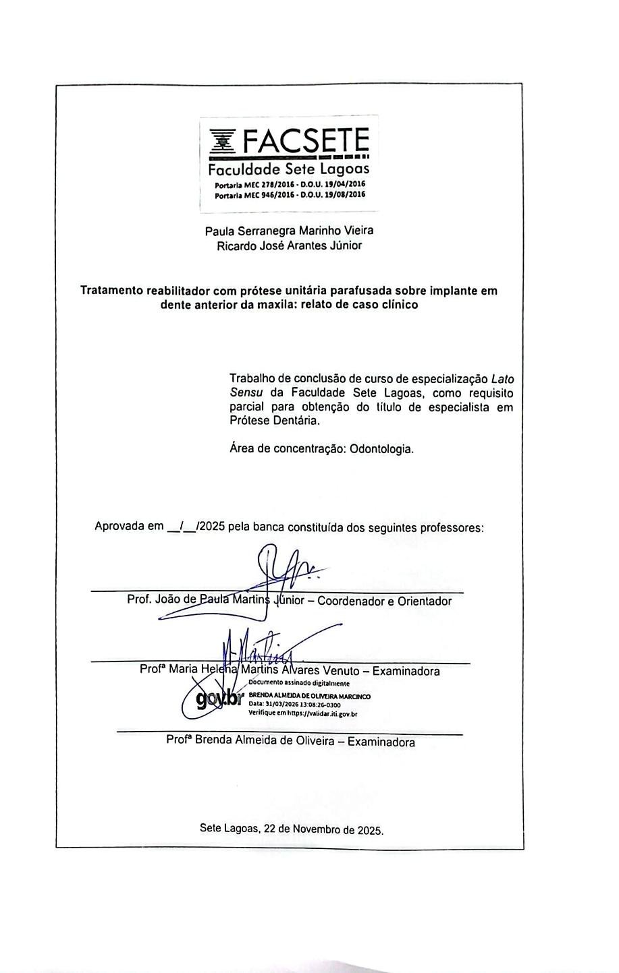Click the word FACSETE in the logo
pyautogui.click(x=305, y=141)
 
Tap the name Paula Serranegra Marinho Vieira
pyautogui.click(x=289, y=231)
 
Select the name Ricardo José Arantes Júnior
pyautogui.click(x=289, y=246)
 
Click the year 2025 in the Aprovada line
pyautogui.click(x=211, y=527)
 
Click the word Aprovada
pyautogui.click(x=119, y=527)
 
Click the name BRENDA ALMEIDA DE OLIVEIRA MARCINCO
pyautogui.click(x=309, y=696)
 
